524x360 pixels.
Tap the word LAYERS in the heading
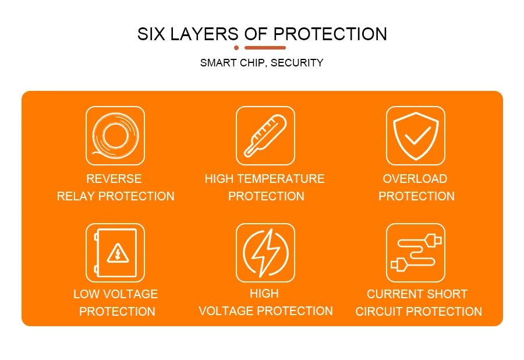201,34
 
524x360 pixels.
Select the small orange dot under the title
236,48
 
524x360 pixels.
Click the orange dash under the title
265,48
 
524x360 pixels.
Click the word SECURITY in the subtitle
297,63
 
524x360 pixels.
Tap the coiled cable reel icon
115,135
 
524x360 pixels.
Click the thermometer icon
265,135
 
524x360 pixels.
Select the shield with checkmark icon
416,135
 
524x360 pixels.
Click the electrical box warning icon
115,252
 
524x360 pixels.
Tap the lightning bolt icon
265,252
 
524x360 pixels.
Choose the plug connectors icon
416,252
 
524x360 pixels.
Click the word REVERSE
114,179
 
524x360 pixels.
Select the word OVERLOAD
415,179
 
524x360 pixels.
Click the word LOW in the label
87,294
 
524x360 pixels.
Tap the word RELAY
76,196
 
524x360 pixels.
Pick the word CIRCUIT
378,312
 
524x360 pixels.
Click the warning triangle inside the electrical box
118,253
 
